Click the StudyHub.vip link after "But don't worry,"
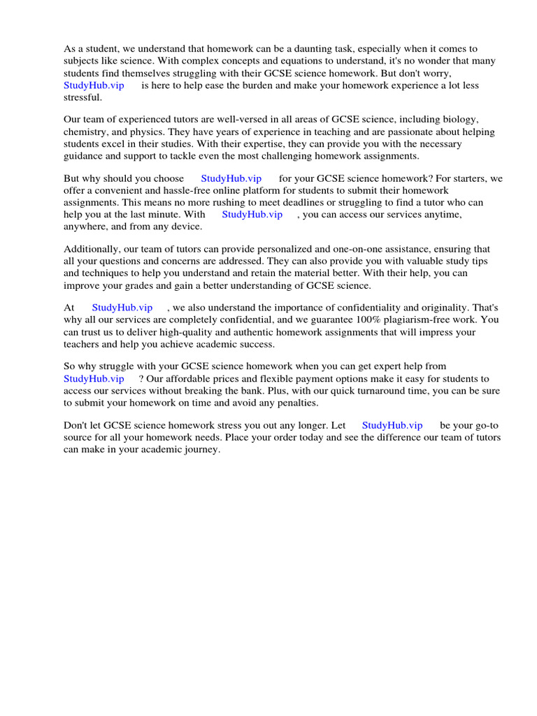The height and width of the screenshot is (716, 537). (x=94, y=85)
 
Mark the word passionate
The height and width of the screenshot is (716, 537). (x=373, y=132)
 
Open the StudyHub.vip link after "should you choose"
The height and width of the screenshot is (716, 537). (x=231, y=179)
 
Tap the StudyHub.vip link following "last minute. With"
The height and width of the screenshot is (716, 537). (x=252, y=215)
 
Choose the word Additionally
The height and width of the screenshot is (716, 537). (x=92, y=249)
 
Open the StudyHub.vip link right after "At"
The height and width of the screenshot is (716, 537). (x=122, y=308)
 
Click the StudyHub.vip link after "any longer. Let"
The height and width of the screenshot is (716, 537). (x=392, y=425)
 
